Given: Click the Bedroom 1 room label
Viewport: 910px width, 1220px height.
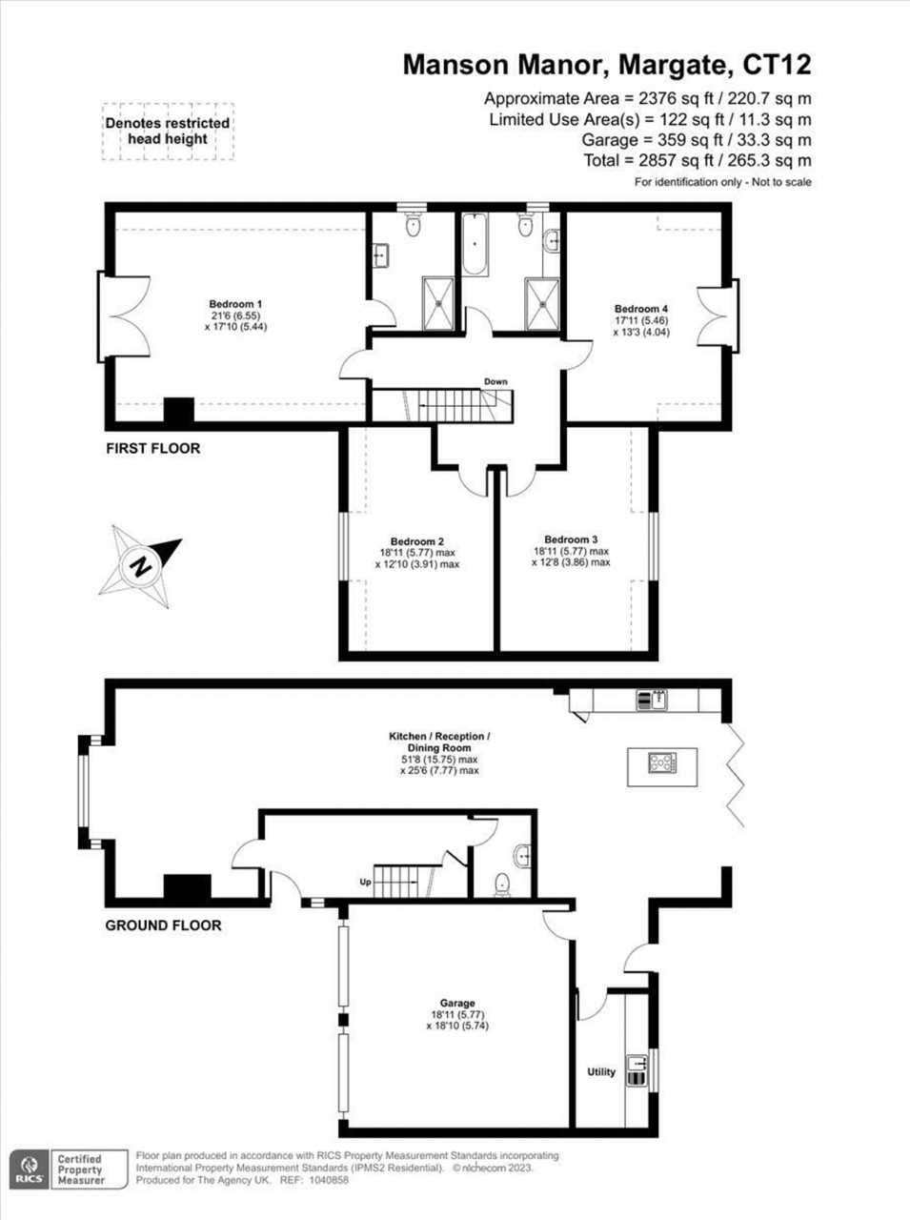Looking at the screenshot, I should tap(235, 304).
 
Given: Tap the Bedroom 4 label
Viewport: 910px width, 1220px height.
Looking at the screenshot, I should tap(640, 309).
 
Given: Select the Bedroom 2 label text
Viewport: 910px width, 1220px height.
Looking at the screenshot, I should tap(416, 541).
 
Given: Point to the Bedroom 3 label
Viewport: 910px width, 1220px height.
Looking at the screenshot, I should tap(571, 539).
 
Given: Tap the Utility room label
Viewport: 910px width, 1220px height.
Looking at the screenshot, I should tap(601, 1072).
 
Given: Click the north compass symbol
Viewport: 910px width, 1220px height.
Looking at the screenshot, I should tap(141, 565).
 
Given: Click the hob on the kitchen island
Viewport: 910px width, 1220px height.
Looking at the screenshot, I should tap(661, 762).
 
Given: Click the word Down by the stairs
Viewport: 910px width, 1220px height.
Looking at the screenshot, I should tap(495, 381).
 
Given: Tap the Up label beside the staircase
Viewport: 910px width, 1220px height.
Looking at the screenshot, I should tap(365, 882).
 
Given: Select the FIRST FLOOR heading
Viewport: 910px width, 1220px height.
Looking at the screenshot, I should tap(152, 448).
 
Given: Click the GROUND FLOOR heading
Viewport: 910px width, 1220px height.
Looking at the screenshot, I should tap(163, 925).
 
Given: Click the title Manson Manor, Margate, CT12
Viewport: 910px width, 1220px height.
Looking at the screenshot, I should tap(607, 65).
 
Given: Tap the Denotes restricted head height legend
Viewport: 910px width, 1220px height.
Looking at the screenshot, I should tap(168, 131).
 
